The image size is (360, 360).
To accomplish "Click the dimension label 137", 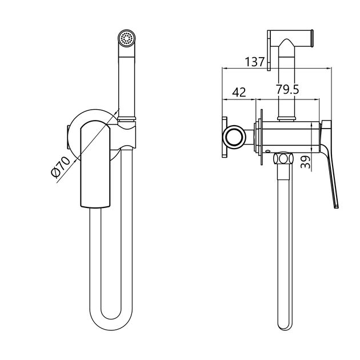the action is coord(255,62).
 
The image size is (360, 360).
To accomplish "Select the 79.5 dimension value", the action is coord(287,89).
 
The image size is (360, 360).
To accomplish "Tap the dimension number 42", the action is coord(239,93).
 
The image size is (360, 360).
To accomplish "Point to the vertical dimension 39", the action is coord(305,162).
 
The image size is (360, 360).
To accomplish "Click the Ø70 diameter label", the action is coord(61,167).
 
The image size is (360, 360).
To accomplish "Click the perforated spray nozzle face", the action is coord(126,38).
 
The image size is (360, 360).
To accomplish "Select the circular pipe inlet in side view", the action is coord(234,137).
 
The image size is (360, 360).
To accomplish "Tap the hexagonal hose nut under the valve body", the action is coord(283,158).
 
